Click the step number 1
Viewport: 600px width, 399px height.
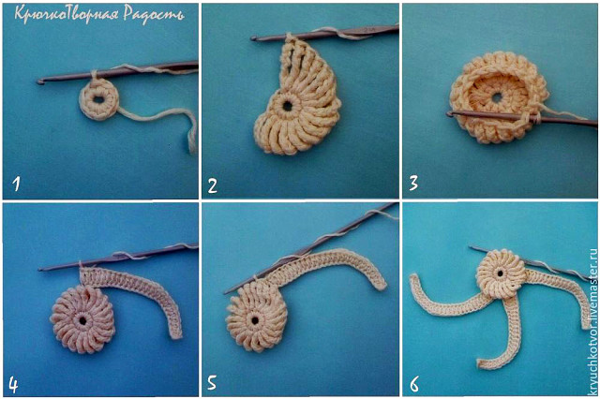[x=16, y=183]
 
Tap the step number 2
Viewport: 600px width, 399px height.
[x=213, y=185]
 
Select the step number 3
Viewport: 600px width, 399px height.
[x=413, y=184]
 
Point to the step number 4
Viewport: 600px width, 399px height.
[x=13, y=385]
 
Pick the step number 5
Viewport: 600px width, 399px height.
[x=212, y=382]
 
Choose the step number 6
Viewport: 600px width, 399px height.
[x=414, y=384]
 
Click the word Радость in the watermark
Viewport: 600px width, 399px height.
[x=154, y=15]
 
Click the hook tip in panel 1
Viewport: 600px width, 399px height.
[x=39, y=81]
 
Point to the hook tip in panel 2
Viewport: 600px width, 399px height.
[x=253, y=38]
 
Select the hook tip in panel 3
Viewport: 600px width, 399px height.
[x=449, y=113]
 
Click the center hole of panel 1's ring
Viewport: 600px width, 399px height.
[x=97, y=99]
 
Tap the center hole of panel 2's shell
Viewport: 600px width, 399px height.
[x=287, y=105]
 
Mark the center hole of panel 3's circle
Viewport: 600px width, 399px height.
[x=497, y=97]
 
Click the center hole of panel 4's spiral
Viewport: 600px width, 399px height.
[x=82, y=319]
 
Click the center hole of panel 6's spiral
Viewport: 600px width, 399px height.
[x=500, y=273]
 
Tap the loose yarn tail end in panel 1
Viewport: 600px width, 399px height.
[x=191, y=150]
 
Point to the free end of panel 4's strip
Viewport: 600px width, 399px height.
[x=175, y=335]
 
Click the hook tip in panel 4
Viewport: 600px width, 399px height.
[x=40, y=270]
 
